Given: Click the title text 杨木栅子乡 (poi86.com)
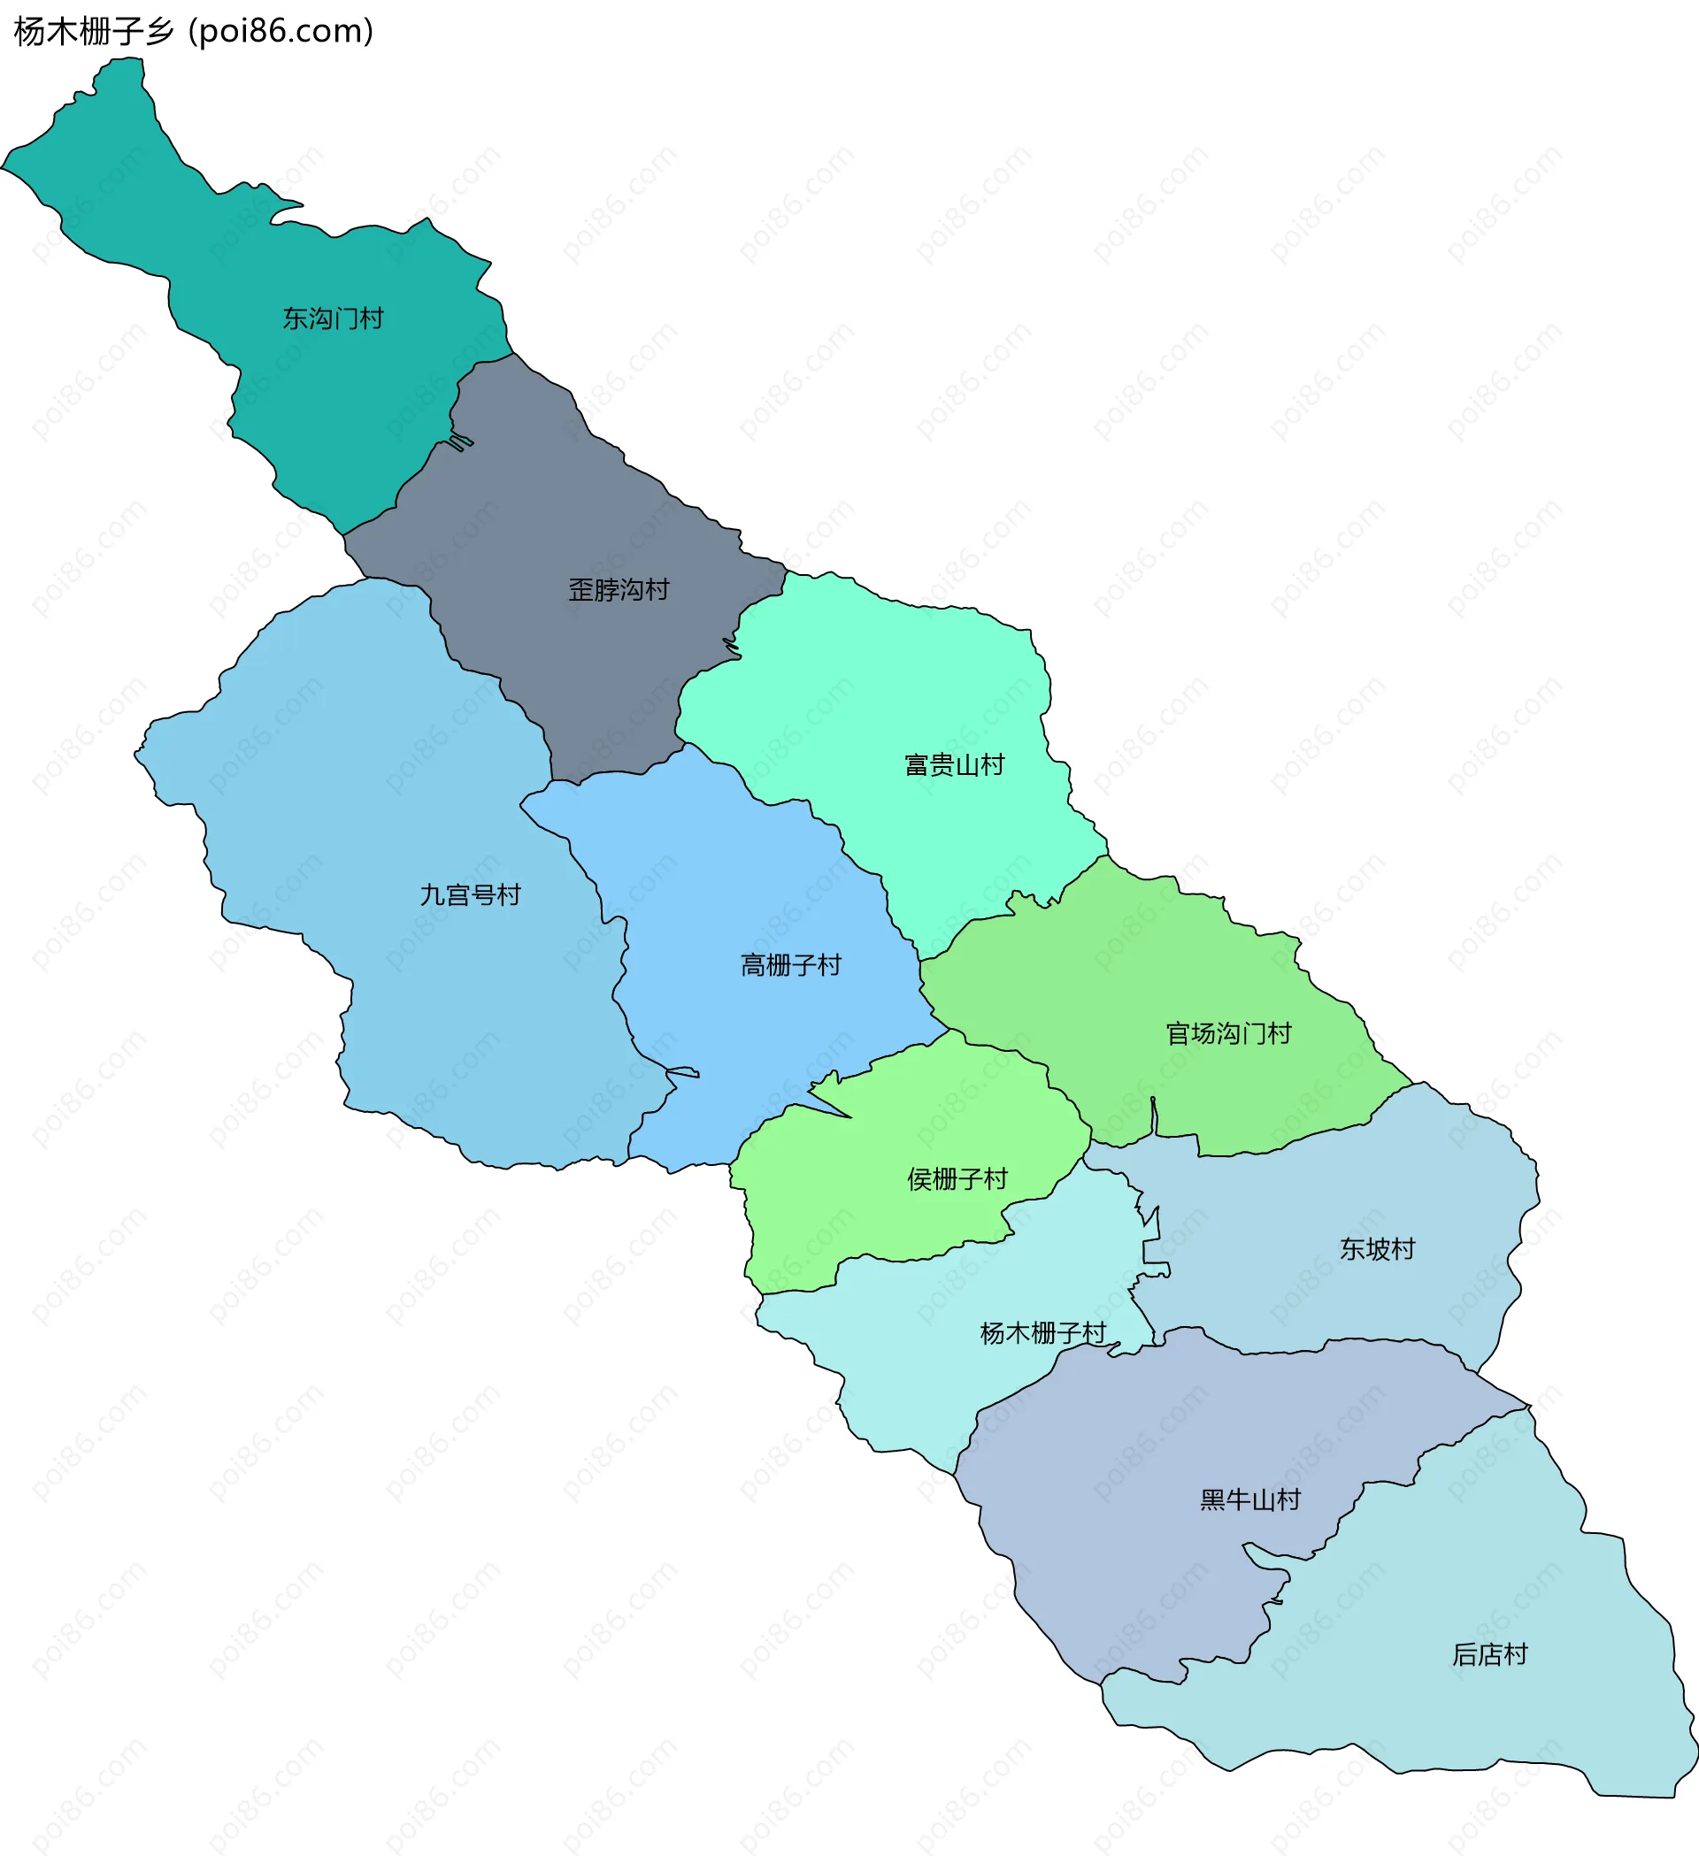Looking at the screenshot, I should pyautogui.click(x=194, y=31).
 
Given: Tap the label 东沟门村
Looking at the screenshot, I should pyautogui.click(x=333, y=318).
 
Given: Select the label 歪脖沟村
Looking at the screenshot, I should pyautogui.click(x=618, y=589).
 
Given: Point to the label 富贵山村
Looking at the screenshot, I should pyautogui.click(x=954, y=765).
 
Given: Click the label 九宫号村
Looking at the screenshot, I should pyautogui.click(x=470, y=895).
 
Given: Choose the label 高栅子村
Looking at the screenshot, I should pyautogui.click(x=791, y=965).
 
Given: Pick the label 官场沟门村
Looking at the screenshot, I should pyautogui.click(x=1228, y=1034).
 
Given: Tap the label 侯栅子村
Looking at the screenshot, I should pyautogui.click(x=957, y=1179).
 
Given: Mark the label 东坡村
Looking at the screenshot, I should pyautogui.click(x=1377, y=1249).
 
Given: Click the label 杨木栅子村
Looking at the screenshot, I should pyautogui.click(x=1042, y=1333).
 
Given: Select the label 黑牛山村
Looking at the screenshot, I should pyautogui.click(x=1249, y=1500).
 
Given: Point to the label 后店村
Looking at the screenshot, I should pyautogui.click(x=1489, y=1655).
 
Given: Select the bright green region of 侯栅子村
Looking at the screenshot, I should pyautogui.click(x=884, y=1216).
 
